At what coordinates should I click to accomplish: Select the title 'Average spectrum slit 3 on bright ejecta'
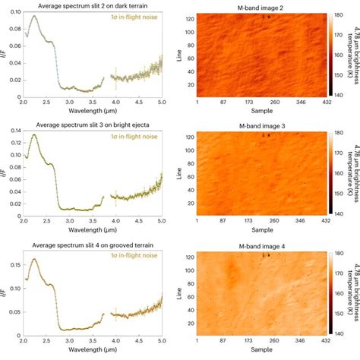tap(90, 123)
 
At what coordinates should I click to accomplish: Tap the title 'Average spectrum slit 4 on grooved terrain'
tap(90, 242)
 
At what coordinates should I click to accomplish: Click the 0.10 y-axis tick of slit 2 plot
tap(14, 12)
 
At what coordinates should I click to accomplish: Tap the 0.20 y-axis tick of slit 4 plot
tap(14, 251)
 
